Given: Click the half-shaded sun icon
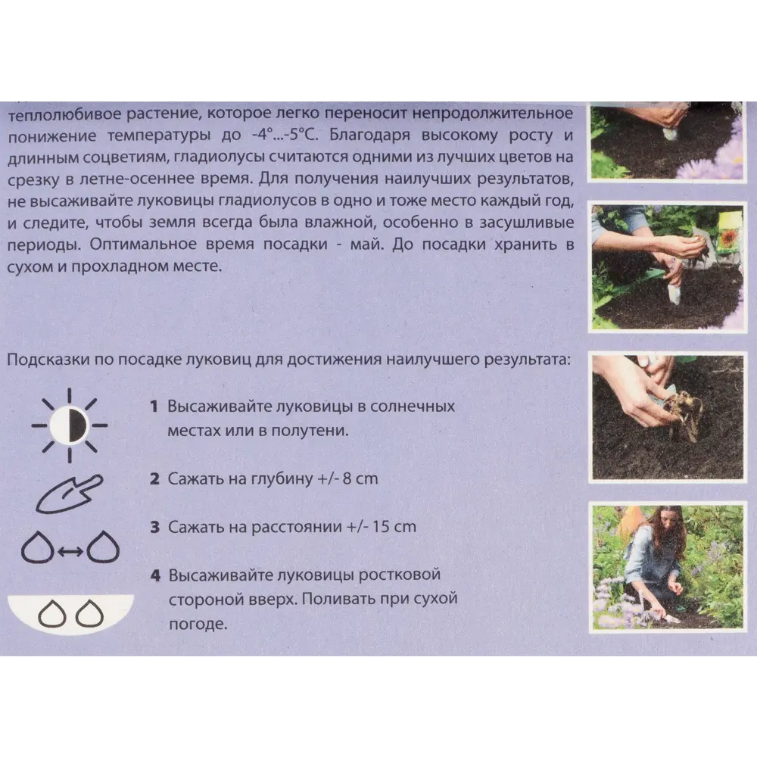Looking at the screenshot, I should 70,425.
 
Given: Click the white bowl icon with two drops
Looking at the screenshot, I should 70,612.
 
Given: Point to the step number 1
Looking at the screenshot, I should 154,407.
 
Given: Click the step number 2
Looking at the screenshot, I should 154,478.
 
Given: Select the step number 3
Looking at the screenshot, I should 154,526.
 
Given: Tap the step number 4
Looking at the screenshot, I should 154,575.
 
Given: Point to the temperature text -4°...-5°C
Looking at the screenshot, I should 287,136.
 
